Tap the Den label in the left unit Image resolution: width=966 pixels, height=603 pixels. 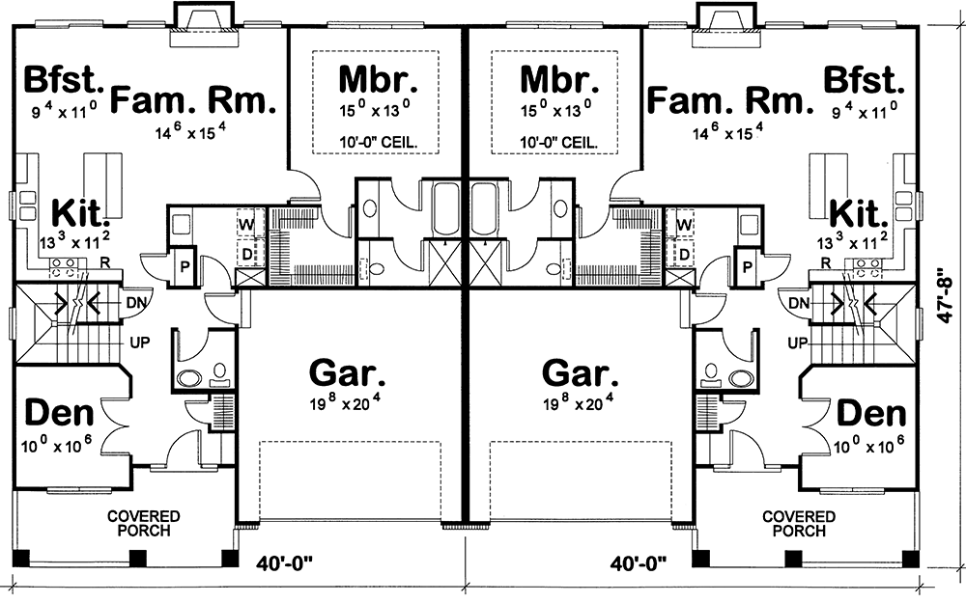point(58,414)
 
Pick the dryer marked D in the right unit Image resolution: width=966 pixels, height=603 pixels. point(685,254)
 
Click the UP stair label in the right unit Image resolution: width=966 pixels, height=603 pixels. point(798,343)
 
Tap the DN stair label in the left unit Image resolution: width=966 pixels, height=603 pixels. point(137,303)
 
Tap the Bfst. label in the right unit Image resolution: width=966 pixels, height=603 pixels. point(864,78)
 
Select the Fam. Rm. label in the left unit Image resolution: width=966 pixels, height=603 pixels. point(194,99)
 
